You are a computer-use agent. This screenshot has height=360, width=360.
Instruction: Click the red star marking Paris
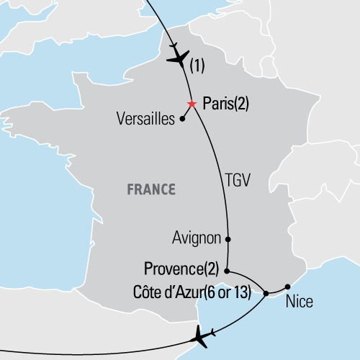point(192,104)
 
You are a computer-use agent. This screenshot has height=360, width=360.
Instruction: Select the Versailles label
point(145,120)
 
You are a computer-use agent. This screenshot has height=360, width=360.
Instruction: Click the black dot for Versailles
point(182,120)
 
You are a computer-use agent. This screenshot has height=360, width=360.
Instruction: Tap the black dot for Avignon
point(228,238)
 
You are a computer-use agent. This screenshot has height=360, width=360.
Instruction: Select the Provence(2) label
point(181,271)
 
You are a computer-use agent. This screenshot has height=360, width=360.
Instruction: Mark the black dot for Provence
point(228,271)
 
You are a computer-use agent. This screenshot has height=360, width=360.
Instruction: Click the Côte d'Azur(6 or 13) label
point(193,292)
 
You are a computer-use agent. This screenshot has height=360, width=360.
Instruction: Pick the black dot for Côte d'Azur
point(266,293)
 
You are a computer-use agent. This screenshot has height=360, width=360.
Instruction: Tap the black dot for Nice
point(287,286)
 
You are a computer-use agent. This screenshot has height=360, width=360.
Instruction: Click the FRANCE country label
point(151,190)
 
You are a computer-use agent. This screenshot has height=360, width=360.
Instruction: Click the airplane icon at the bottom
point(204,334)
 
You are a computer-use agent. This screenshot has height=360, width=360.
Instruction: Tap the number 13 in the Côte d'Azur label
point(248,292)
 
